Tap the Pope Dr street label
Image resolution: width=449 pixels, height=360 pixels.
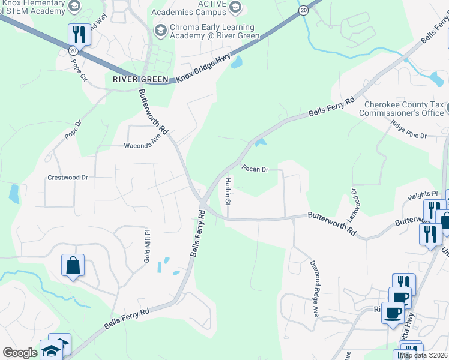[73, 130]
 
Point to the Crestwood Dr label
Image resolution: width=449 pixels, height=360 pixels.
[68, 178]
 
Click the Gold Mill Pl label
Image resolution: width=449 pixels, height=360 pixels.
[146, 240]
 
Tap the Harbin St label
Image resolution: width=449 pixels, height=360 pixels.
[228, 190]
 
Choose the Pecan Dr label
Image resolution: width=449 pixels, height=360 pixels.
[255, 169]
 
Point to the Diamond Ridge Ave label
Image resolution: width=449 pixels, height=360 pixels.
[314, 288]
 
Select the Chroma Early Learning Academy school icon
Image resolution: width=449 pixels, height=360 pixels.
[160, 30]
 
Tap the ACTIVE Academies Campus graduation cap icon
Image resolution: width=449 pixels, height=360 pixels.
[235, 7]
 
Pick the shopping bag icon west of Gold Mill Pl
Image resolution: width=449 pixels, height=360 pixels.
[73, 265]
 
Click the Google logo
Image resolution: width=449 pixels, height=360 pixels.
[20, 352]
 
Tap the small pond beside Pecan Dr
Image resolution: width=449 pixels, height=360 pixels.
[260, 142]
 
